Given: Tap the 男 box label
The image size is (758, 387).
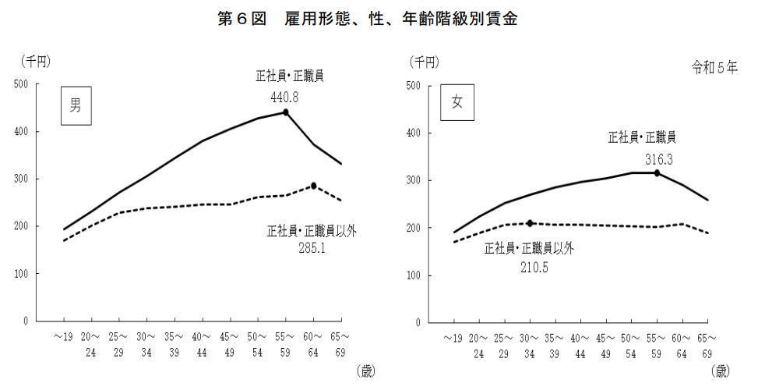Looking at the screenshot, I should [76, 107].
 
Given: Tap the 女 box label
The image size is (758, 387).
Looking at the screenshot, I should [457, 103].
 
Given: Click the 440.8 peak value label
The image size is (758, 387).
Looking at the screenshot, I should [284, 98].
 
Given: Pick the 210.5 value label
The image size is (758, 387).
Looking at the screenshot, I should [530, 266].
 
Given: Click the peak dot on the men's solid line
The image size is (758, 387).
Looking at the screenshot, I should [286, 112].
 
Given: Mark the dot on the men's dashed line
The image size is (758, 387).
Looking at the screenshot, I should [314, 186].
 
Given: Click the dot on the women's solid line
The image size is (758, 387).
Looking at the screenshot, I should [657, 172].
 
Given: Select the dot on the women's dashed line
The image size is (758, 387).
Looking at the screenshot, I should [531, 223].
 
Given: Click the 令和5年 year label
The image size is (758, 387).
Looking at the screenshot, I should [714, 67].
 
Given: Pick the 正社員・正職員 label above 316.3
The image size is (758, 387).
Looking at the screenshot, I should [642, 138].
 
